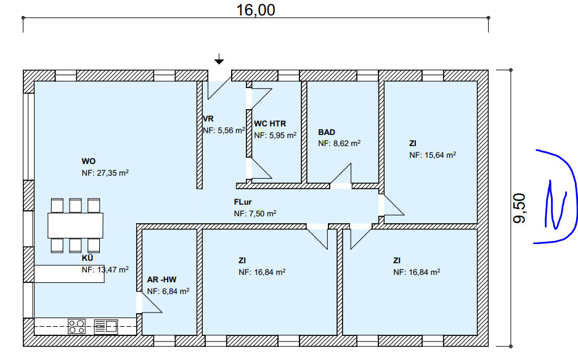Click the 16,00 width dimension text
(256, 10)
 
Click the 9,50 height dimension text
(519, 208)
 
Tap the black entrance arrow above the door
(219, 59)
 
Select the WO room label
(89, 161)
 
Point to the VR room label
(208, 119)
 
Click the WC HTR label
(270, 123)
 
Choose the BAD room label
(327, 132)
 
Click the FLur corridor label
(243, 202)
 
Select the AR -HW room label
(162, 280)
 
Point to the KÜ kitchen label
(88, 258)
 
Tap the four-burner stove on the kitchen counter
(76, 327)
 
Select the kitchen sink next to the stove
(106, 327)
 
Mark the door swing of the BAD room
(341, 174)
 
